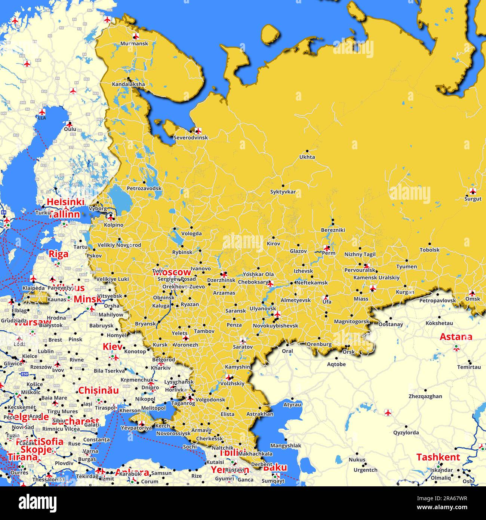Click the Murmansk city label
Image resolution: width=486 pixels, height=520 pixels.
pyautogui.click(x=134, y=44)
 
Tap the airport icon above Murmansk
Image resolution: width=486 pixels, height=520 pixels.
pyautogui.click(x=136, y=36)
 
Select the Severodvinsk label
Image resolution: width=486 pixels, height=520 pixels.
pyautogui.click(x=190, y=138)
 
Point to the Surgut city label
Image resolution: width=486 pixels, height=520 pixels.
pyautogui.click(x=473, y=199)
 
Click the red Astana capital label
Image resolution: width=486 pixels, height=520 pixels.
pyautogui.click(x=456, y=337)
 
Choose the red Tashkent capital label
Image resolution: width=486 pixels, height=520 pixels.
pyautogui.click(x=438, y=457)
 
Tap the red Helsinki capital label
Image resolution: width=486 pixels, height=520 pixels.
pyautogui.click(x=65, y=202)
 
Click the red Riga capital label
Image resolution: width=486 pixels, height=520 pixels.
pyautogui.click(x=59, y=254)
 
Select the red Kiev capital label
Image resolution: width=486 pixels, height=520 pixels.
pyautogui.click(x=113, y=347)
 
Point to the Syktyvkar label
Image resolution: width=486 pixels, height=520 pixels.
pyautogui.click(x=283, y=192)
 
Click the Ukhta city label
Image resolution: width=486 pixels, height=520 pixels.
pyautogui.click(x=307, y=157)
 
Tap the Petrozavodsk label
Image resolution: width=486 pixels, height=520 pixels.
pyautogui.click(x=144, y=189)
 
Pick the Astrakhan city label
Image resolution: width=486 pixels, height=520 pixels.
pyautogui.click(x=260, y=414)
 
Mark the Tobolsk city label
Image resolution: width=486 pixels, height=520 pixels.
pyautogui.click(x=430, y=250)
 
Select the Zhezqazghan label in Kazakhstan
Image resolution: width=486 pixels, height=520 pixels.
pyautogui.click(x=425, y=397)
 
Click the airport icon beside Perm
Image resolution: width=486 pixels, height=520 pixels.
pyautogui.click(x=327, y=248)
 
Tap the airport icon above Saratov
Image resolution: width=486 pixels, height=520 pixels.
pyautogui.click(x=243, y=340)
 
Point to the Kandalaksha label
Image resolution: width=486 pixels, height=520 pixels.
pyautogui.click(x=128, y=85)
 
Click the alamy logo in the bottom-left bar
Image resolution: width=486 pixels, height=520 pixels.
pyautogui.click(x=37, y=503)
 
